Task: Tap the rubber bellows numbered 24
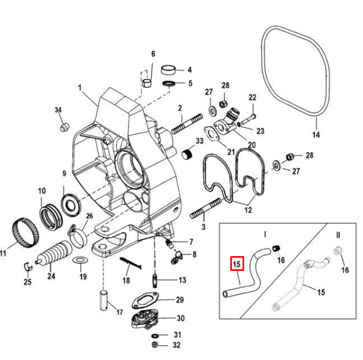(x=55, y=253)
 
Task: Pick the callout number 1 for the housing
(x=80, y=87)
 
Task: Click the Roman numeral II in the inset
(x=338, y=233)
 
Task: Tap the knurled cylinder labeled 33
(x=186, y=154)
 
